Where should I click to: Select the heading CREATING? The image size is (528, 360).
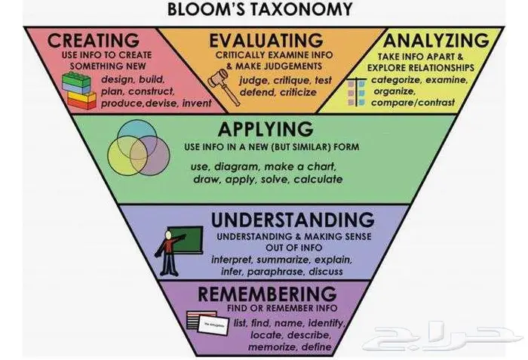pyautogui.click(x=94, y=39)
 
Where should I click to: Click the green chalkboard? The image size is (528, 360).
pyautogui.click(x=187, y=241)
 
